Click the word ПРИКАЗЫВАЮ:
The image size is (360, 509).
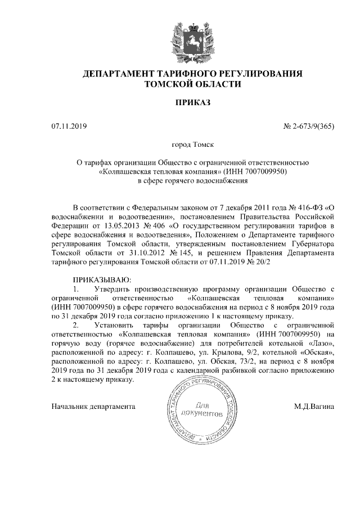[x=101, y=280]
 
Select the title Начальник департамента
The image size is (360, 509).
[x=93, y=406]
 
